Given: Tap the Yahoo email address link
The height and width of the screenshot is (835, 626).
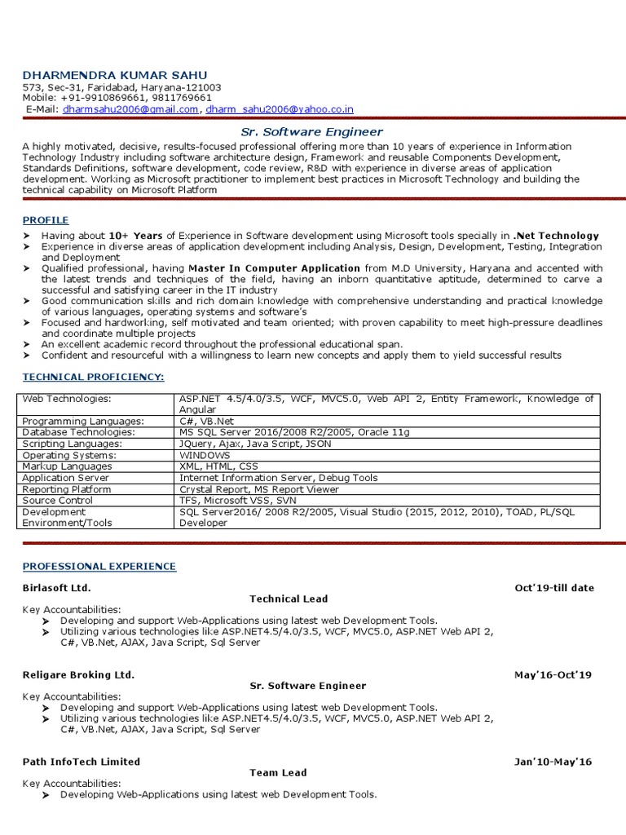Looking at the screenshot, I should [x=279, y=108].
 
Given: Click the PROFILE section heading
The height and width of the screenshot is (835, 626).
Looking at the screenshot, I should [x=46, y=220].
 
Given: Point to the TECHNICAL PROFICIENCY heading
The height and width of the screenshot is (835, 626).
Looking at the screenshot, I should [x=93, y=377].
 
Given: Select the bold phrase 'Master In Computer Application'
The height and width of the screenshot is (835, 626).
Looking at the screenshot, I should [x=274, y=267].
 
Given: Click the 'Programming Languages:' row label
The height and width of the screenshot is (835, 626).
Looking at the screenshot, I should [x=83, y=421].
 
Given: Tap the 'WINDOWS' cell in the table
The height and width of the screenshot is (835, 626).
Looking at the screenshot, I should [x=205, y=455].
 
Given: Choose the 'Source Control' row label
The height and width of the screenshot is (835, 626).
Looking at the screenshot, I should [x=57, y=501].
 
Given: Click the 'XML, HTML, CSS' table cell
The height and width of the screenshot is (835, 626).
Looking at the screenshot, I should [x=218, y=466].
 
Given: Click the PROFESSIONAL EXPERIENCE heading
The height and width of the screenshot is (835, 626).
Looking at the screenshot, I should [x=99, y=566].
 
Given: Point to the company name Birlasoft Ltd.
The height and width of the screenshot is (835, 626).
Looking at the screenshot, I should [x=57, y=588].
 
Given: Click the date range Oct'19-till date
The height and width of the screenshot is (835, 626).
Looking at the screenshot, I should [x=554, y=588].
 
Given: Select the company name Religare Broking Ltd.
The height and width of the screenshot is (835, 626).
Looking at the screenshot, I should [x=78, y=675].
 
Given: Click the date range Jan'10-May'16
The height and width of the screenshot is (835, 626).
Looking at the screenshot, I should [x=553, y=762].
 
